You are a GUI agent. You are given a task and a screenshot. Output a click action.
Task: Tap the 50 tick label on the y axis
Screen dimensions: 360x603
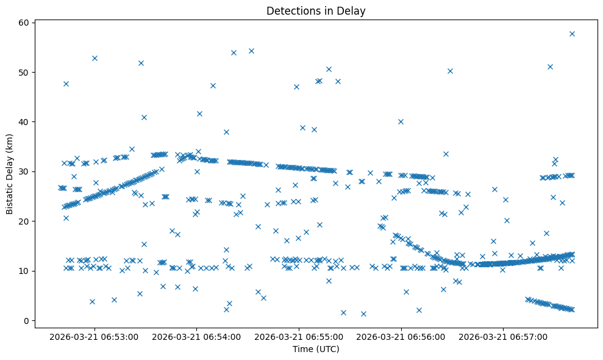pyautogui.click(x=24, y=73)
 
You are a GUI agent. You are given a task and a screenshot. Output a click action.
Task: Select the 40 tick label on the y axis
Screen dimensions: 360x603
pyautogui.click(x=24, y=122)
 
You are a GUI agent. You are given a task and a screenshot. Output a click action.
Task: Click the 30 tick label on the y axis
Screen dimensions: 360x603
pyautogui.click(x=24, y=172)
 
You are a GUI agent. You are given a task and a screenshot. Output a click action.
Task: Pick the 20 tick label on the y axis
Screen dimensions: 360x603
pyautogui.click(x=24, y=221)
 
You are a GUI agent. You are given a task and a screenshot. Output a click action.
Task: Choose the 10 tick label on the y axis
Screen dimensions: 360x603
pyautogui.click(x=24, y=271)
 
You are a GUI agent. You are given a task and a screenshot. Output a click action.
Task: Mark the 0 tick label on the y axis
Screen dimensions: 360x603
pyautogui.click(x=27, y=321)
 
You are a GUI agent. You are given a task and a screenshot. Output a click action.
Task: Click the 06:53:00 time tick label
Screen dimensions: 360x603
pyautogui.click(x=95, y=336)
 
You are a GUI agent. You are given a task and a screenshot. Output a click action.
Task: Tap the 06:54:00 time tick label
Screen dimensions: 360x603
pyautogui.click(x=198, y=336)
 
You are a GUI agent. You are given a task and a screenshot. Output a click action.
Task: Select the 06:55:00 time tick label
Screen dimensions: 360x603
pyautogui.click(x=300, y=336)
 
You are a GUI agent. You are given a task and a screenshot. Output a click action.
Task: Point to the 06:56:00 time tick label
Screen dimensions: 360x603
pyautogui.click(x=402, y=336)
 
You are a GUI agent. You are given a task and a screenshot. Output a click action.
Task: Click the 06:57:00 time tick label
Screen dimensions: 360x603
pyautogui.click(x=504, y=336)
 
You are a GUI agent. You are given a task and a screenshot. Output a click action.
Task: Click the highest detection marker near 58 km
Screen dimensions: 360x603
pyautogui.click(x=572, y=34)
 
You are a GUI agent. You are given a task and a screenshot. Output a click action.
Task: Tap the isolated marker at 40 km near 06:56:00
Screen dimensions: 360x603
pyautogui.click(x=401, y=121)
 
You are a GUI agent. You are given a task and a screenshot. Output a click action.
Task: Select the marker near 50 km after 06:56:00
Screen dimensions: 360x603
pyautogui.click(x=450, y=71)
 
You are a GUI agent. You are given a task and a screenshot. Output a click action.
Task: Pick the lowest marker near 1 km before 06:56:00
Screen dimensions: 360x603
pyautogui.click(x=363, y=314)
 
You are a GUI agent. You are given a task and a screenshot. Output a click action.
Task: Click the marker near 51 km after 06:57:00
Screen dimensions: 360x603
pyautogui.click(x=550, y=67)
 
